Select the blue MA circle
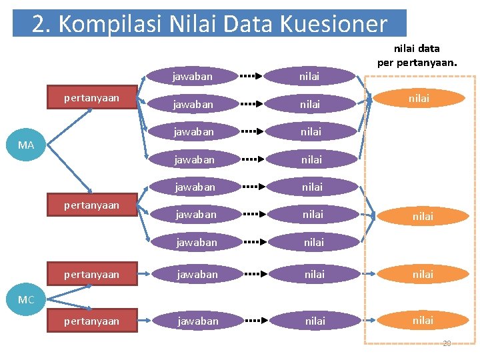26,145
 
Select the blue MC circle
26,299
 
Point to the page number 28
447,343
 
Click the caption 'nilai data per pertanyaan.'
417,55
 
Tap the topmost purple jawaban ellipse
192,76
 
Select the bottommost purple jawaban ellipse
197,321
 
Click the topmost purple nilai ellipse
309,76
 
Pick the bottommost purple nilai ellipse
315,321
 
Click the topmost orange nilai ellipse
419,98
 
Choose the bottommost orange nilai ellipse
423,320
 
